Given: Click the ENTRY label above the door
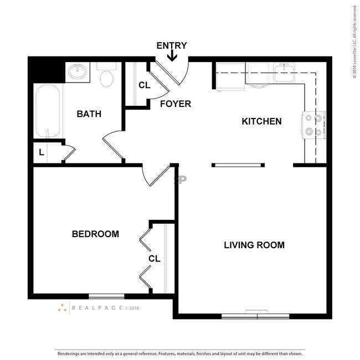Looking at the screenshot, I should tap(172, 45).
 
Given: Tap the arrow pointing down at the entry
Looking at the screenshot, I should tap(172, 56).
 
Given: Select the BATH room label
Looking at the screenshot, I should tap(89, 114).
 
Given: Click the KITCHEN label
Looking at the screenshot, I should tap(261, 121).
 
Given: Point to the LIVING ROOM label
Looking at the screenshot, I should tap(254, 245).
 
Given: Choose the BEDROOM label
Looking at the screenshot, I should tap(95, 234).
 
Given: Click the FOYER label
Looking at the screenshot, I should tap(176, 104).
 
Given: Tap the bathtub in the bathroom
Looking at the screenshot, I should tap(48, 111).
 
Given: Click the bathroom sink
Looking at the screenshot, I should tap(78, 72).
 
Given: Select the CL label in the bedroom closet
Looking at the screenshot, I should tap(155, 259).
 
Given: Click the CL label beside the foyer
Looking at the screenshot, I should tap(144, 85).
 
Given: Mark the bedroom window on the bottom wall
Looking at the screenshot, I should tap(106, 296).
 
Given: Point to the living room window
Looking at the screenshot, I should tap(255, 316).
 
